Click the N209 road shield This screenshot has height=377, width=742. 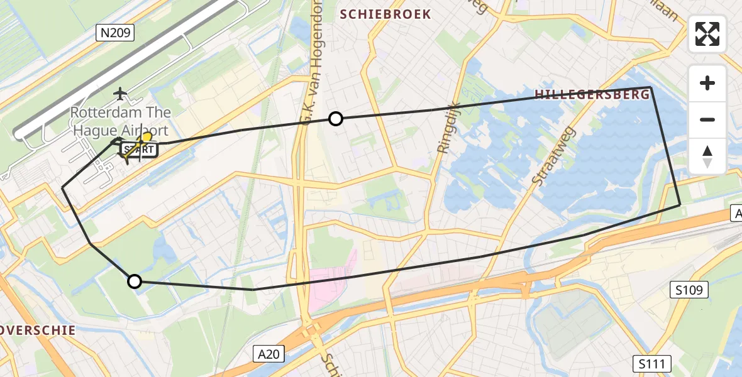point(115,33)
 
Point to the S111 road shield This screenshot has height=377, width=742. point(651,363)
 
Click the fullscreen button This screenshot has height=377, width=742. point(707,34)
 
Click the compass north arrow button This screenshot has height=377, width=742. point(707,156)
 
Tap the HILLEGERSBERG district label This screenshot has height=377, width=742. point(592,95)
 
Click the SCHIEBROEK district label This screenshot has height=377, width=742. point(385,14)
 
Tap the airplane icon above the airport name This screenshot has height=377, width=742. point(120,94)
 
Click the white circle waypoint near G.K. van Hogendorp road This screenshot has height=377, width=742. point(336,118)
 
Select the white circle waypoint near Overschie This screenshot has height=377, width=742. point(135,281)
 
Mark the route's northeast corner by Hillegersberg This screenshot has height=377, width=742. point(650,87)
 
